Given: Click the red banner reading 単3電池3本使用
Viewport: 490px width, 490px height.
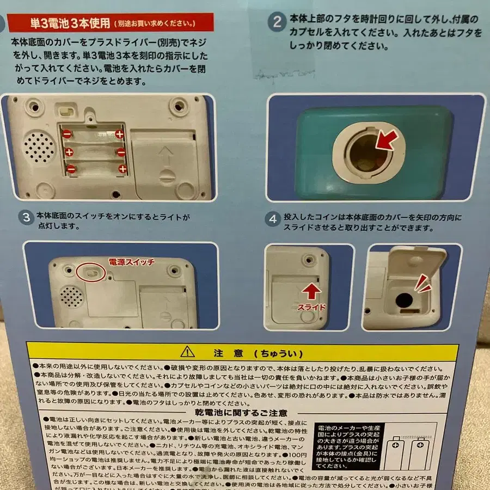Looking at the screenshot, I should (x=112, y=23).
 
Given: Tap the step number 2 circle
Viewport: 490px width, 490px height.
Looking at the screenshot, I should (x=278, y=23).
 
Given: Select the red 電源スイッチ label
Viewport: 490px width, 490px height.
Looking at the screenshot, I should (x=132, y=262).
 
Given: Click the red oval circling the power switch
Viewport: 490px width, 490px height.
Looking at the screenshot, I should (x=91, y=271).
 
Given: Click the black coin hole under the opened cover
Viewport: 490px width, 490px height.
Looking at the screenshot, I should (x=404, y=300).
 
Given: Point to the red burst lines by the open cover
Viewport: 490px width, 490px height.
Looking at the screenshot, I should (x=422, y=283).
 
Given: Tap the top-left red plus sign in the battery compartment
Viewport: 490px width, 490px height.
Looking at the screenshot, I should (x=119, y=132).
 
